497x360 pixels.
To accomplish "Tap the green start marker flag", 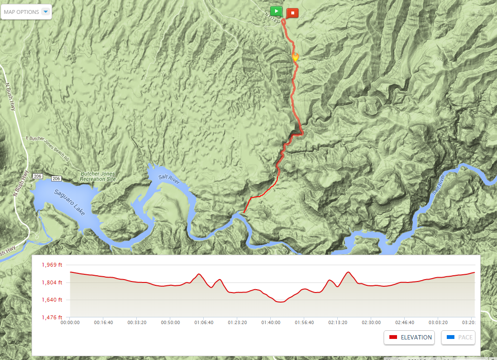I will [x=276, y=11].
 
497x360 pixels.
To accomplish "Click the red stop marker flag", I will [x=292, y=12].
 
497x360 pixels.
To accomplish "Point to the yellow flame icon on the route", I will [x=295, y=57].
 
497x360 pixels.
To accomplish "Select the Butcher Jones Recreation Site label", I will [x=98, y=176].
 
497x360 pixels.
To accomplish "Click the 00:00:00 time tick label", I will [x=70, y=323].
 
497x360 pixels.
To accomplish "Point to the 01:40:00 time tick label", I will [x=271, y=323].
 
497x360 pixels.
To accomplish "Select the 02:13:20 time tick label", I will [x=338, y=323].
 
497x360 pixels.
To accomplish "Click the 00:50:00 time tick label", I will [x=171, y=323].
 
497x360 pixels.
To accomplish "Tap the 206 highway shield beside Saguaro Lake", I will [x=55, y=179].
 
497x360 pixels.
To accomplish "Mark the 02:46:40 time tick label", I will [x=405, y=323].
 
